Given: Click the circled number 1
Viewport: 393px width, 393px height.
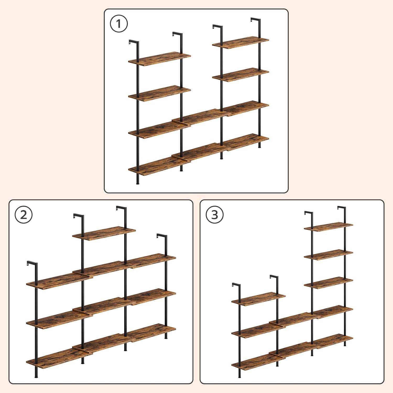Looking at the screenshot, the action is (119, 24).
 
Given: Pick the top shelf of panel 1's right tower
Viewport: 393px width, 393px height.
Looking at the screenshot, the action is (241, 42).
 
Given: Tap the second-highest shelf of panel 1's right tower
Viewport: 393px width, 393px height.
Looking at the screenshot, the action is (241, 75).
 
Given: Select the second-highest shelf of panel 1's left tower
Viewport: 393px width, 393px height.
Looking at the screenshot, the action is (159, 93).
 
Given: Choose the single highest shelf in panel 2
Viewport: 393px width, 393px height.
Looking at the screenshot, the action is (104, 233).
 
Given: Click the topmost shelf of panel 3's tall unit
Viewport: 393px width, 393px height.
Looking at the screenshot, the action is (329, 227).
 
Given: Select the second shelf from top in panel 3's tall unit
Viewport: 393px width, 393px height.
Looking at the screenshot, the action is (329, 255).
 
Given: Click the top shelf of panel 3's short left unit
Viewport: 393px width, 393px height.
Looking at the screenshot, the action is (258, 299).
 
